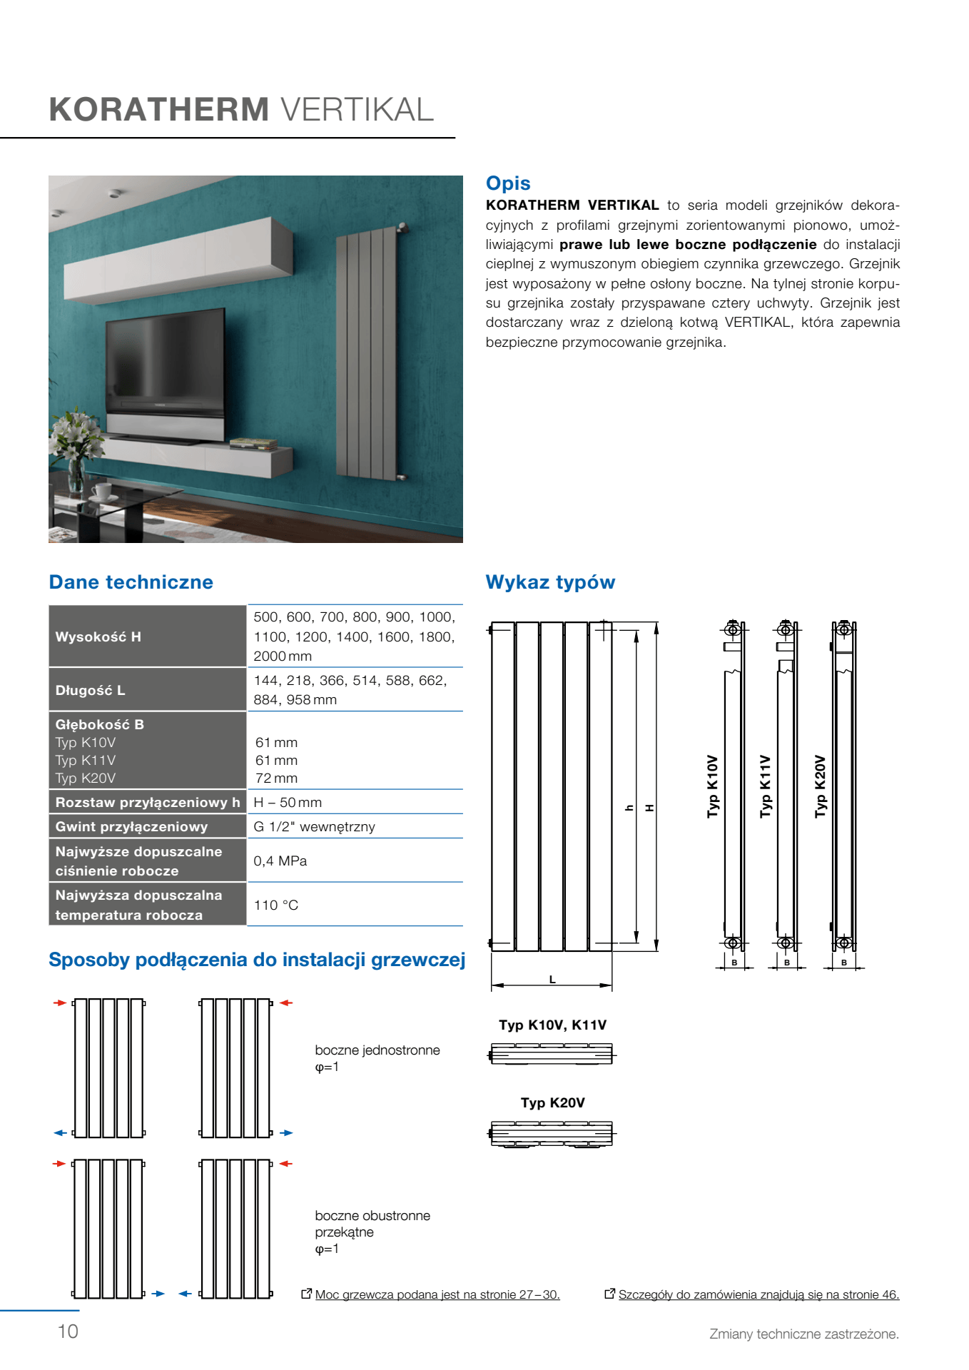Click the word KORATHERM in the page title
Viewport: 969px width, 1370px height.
click(x=159, y=110)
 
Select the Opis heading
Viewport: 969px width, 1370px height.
click(x=508, y=183)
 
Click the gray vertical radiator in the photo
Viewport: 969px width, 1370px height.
click(x=366, y=353)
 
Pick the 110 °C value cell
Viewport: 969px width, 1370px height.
click(x=276, y=905)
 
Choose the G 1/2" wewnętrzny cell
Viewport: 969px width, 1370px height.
click(x=314, y=827)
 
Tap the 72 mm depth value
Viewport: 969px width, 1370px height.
click(x=276, y=778)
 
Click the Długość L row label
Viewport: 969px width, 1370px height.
click(x=91, y=690)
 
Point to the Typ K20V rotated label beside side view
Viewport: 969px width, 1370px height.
click(x=820, y=786)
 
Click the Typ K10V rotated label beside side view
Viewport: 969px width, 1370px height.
click(x=712, y=786)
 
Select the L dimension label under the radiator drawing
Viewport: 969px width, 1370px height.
click(x=552, y=980)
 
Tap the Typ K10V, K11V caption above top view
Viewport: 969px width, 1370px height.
click(x=552, y=1025)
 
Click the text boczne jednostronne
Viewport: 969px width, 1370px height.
click(x=377, y=1050)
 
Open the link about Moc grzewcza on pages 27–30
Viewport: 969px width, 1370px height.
click(x=437, y=1294)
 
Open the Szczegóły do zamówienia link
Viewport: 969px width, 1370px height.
click(x=758, y=1294)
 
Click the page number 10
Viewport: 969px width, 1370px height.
click(x=68, y=1331)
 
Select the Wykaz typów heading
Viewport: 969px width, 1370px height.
click(x=550, y=582)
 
